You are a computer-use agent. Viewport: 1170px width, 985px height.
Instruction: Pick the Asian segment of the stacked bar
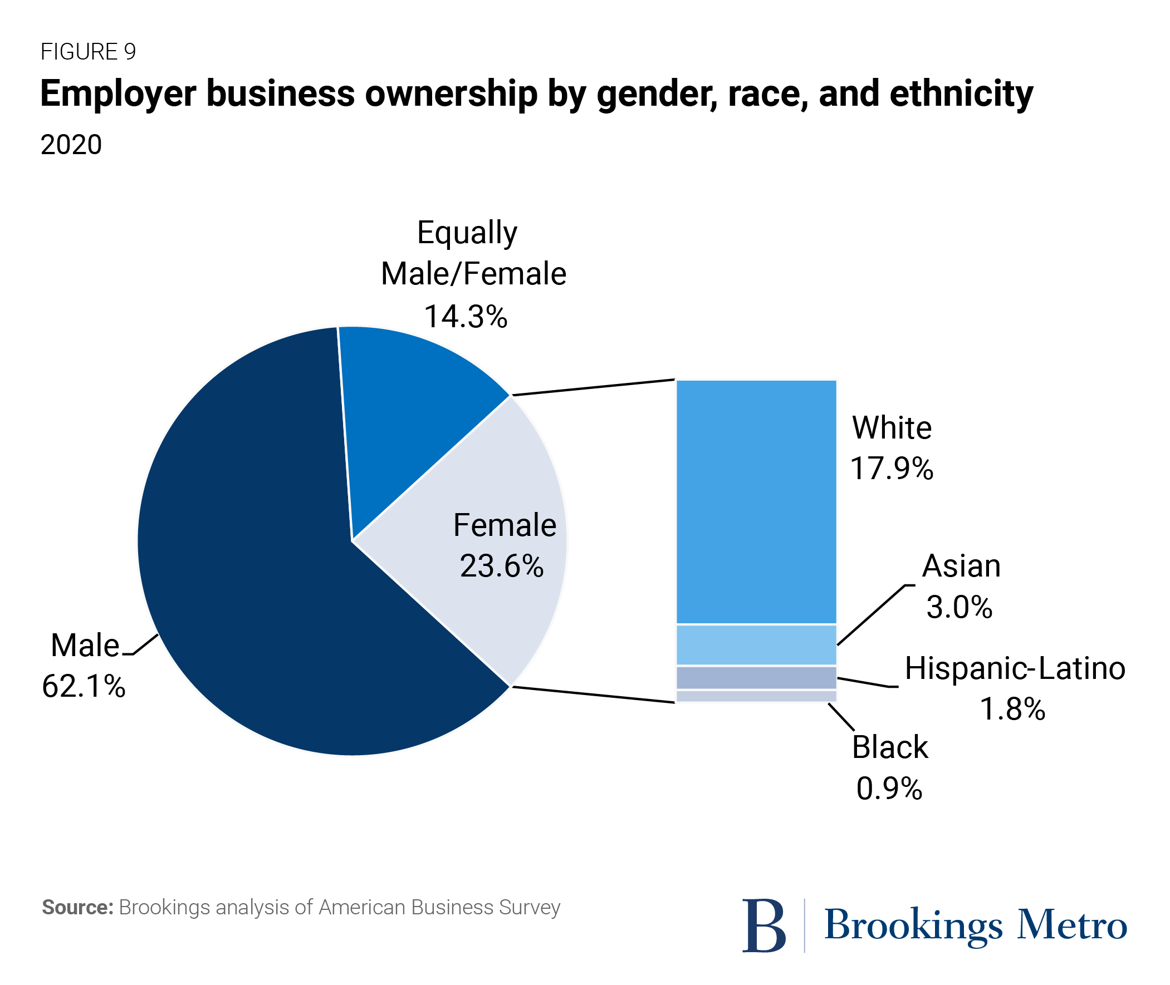(756, 644)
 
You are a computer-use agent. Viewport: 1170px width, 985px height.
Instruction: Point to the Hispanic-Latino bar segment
(756, 677)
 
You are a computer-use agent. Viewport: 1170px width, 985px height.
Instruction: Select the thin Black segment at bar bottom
(756, 696)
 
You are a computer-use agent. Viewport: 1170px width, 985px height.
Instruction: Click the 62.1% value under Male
(84, 686)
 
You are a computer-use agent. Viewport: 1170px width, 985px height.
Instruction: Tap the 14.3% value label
(466, 317)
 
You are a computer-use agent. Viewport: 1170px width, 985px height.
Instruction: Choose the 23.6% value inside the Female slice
(501, 566)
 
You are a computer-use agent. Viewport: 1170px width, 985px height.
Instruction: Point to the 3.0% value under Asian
(959, 607)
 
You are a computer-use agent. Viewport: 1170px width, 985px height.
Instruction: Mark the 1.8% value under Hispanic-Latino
(1012, 709)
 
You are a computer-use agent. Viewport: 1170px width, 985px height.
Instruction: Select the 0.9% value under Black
(889, 789)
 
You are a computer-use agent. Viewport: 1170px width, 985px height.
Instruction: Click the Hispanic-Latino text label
(1015, 668)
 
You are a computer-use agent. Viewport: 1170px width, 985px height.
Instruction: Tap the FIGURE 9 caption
(89, 51)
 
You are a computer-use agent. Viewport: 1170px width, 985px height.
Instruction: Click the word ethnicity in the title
(961, 94)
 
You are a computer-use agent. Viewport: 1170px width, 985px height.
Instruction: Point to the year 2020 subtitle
(71, 145)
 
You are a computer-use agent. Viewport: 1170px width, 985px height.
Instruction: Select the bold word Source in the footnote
(77, 908)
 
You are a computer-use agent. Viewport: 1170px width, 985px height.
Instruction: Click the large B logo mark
(764, 925)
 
